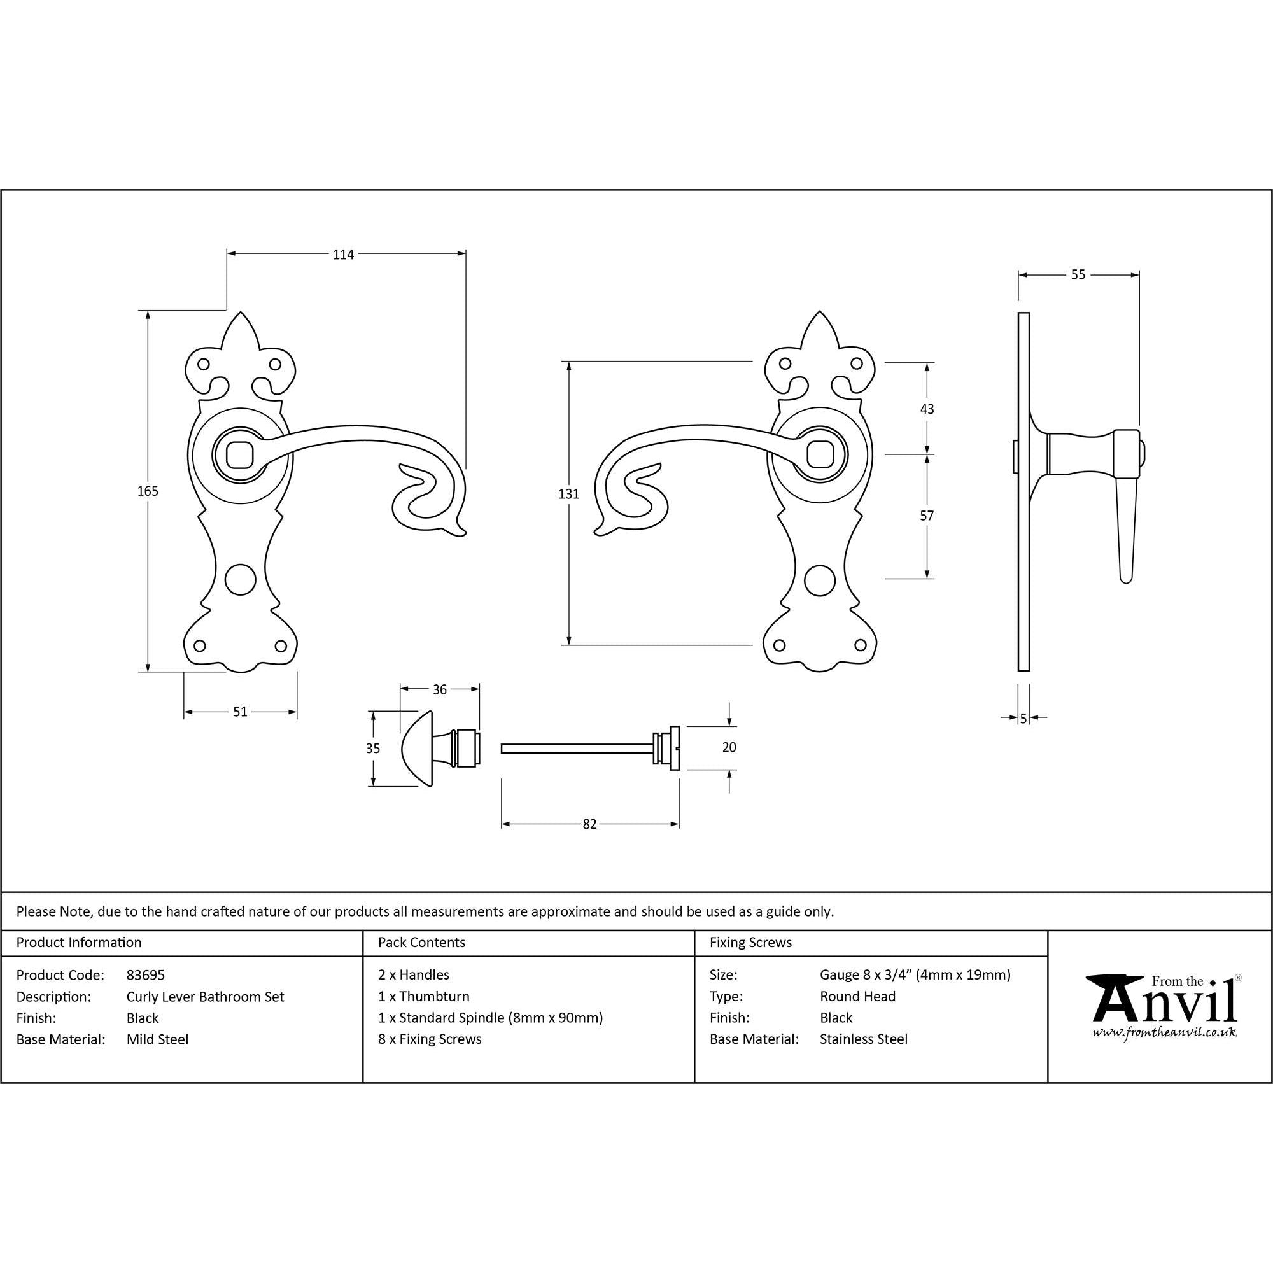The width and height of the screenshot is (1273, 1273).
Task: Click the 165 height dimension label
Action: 148,491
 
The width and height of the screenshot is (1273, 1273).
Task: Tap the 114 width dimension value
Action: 343,255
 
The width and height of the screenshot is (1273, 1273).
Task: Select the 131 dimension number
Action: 568,494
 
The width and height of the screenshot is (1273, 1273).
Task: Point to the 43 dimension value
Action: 927,409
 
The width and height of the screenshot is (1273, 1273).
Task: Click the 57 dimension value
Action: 927,516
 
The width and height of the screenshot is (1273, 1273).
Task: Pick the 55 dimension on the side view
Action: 1078,275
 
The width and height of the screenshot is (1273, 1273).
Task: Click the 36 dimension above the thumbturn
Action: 439,690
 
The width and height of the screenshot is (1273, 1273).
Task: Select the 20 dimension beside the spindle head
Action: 729,747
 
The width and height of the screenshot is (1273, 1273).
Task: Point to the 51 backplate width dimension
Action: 240,712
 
